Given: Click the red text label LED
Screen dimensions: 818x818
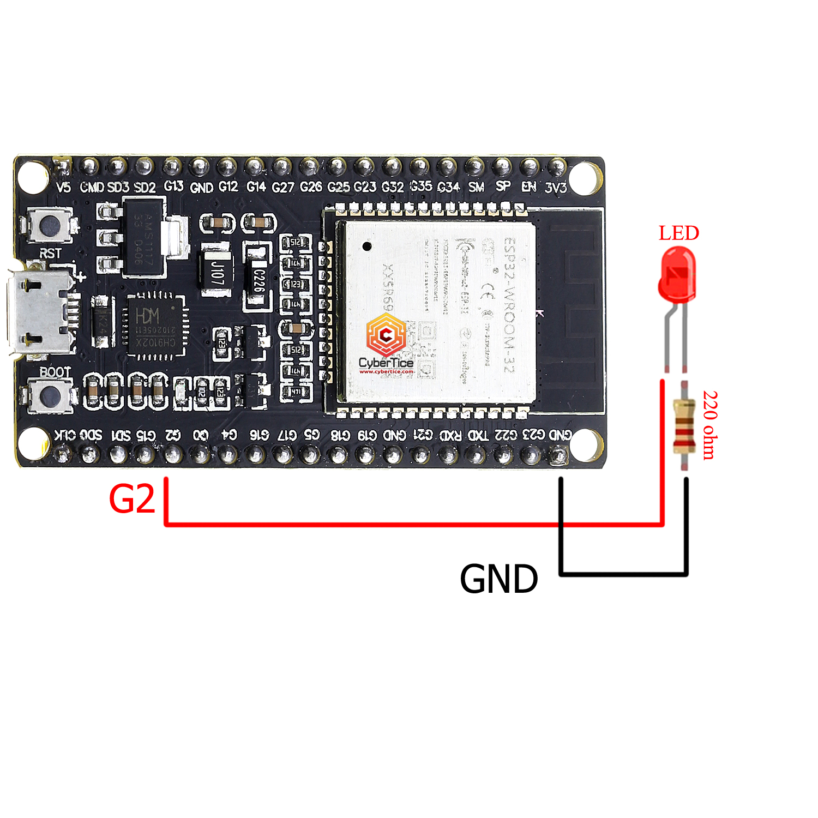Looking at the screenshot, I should (x=678, y=233).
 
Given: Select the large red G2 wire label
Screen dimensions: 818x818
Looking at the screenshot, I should (x=132, y=498).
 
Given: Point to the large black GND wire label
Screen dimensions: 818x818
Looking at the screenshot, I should (x=498, y=579).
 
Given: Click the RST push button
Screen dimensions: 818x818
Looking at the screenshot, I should (x=50, y=225).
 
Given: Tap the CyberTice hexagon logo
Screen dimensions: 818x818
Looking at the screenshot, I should (x=386, y=335).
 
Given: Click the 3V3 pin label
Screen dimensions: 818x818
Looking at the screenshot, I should (x=556, y=188).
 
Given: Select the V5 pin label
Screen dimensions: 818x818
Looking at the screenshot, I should (x=63, y=188).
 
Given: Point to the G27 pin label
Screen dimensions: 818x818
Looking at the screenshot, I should (x=283, y=188).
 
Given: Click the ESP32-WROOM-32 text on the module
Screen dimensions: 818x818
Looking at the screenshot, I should (x=508, y=305).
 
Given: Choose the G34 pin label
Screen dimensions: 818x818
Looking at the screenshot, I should (x=448, y=188).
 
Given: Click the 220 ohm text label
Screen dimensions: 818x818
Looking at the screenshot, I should (x=709, y=425).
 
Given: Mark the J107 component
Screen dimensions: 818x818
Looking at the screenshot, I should (x=217, y=272).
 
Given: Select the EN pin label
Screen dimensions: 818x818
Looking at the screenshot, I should (x=528, y=187).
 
